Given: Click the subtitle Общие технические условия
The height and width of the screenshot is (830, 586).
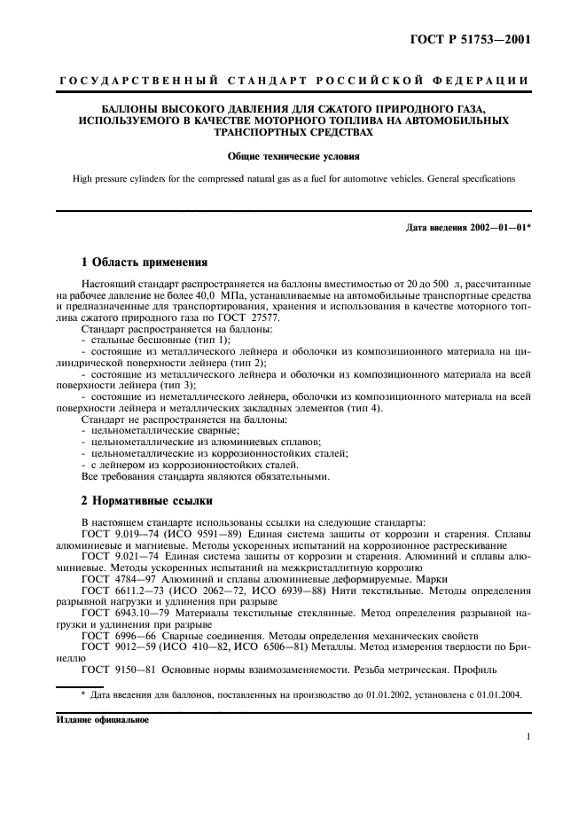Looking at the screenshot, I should pyautogui.click(x=293, y=157).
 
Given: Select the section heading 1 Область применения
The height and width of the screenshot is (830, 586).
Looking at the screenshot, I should pyautogui.click(x=144, y=262).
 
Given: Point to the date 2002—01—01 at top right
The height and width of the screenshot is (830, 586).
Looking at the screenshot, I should pyautogui.click(x=496, y=227).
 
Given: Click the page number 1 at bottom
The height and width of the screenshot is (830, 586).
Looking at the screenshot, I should pyautogui.click(x=527, y=736).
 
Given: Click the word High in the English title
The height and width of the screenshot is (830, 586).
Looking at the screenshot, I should pyautogui.click(x=84, y=179).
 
